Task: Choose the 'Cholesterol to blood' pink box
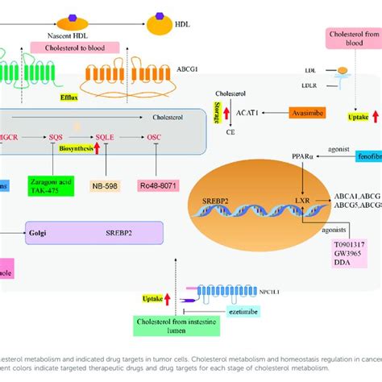coord(73,48)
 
